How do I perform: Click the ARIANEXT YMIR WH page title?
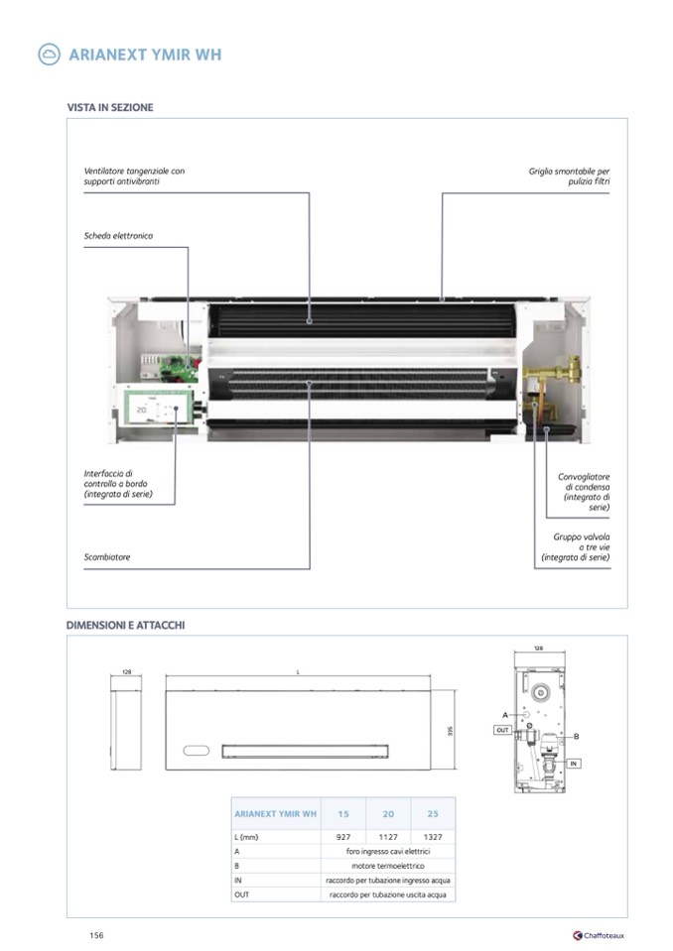point(145,55)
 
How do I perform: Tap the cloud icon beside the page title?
point(49,55)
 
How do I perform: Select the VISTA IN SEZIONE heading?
point(110,107)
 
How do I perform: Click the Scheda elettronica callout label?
point(118,236)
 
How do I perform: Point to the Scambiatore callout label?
point(107,557)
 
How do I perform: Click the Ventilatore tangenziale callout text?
point(134,177)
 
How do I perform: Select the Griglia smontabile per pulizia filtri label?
point(569,177)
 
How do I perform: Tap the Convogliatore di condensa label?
point(584,492)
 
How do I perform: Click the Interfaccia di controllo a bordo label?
point(118,484)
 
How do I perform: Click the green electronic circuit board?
point(179,368)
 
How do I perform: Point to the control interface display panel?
point(155,406)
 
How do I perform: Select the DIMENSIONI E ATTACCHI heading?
point(125,625)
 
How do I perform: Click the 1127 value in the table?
point(388,837)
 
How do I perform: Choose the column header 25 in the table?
point(433,814)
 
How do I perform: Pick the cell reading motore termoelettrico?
point(388,866)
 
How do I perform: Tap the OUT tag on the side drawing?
point(502,729)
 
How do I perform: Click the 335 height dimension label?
point(450,731)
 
